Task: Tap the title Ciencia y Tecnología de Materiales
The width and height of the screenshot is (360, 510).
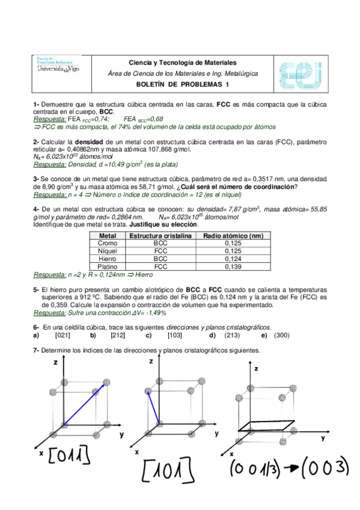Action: (x=183, y=63)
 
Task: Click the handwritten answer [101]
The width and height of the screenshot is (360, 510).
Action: (x=167, y=470)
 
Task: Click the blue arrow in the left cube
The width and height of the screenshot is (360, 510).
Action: (x=79, y=407)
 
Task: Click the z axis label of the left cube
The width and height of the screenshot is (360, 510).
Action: (x=55, y=363)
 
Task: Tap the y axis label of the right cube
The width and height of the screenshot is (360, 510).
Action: (x=323, y=438)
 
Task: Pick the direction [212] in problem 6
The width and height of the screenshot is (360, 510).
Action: (x=118, y=335)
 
